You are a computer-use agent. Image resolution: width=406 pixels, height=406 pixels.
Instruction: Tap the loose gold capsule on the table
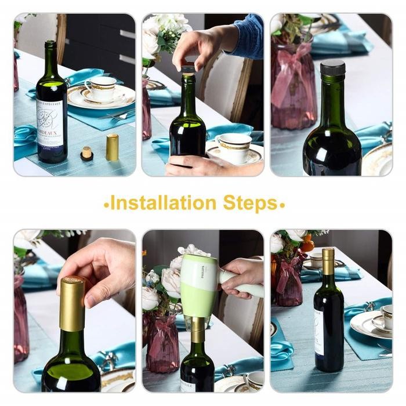(112, 147)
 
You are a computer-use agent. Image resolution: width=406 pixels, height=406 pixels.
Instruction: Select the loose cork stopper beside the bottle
(87, 154)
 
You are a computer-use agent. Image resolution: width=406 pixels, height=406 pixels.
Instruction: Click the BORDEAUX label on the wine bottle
(52, 127)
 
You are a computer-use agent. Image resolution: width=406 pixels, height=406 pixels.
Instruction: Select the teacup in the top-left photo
(100, 88)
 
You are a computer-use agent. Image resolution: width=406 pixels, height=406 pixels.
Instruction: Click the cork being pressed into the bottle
(187, 71)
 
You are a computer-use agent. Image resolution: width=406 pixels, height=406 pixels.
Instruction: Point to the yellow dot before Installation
(106, 205)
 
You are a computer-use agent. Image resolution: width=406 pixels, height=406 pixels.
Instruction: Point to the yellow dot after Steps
(282, 205)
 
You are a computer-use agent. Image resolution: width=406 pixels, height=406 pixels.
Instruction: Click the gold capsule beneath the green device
(198, 329)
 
